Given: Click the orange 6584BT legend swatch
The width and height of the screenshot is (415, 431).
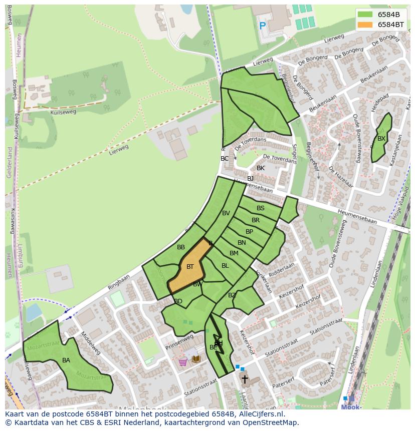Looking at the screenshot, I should point(365,25).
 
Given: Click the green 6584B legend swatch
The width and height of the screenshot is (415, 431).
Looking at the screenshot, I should point(365,15).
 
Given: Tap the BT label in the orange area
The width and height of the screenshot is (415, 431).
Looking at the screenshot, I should point(190,267).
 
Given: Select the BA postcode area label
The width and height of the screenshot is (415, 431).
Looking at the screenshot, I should point(66,360).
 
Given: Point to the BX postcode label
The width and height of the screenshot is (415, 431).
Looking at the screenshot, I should point(381,139).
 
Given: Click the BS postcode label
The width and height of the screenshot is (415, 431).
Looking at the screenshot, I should point(261,208).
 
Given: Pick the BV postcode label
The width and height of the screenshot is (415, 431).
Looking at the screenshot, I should point(226,213).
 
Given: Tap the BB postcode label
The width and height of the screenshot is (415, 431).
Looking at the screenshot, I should point(181,247).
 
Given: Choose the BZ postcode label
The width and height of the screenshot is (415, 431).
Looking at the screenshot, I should point(232,295).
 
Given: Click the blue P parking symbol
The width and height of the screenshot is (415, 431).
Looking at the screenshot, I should point(262,26).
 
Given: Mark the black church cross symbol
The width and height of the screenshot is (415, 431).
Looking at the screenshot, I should point(245,379).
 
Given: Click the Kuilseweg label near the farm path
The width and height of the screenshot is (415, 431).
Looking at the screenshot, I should point(63,112).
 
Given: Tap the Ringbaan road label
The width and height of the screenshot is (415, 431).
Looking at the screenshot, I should point(118,282).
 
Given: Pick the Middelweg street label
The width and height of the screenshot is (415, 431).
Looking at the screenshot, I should point(90,344).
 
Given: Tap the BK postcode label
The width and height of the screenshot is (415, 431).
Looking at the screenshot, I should point(261,168).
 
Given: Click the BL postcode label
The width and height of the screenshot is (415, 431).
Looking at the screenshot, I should point(225,266).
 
